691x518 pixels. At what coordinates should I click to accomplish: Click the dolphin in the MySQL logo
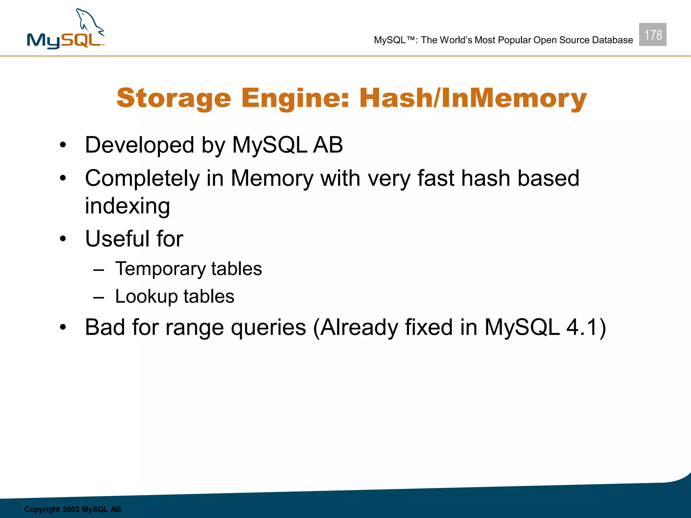[x=89, y=22]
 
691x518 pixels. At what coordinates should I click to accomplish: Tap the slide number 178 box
[x=653, y=35]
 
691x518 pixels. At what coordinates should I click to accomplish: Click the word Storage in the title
[x=174, y=98]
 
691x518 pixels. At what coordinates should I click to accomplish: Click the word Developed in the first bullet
[x=139, y=145]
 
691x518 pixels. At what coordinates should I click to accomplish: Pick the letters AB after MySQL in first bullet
[x=328, y=145]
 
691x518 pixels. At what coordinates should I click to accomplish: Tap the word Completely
[x=142, y=178]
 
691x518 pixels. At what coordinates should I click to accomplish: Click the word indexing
[x=127, y=206]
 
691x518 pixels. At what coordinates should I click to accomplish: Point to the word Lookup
[x=146, y=297]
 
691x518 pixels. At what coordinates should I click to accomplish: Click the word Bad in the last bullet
[x=105, y=327]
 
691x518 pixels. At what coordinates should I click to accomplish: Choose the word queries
[x=268, y=328]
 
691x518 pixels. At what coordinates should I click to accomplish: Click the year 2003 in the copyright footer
[x=71, y=509]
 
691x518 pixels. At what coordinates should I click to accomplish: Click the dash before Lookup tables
[x=99, y=297]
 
